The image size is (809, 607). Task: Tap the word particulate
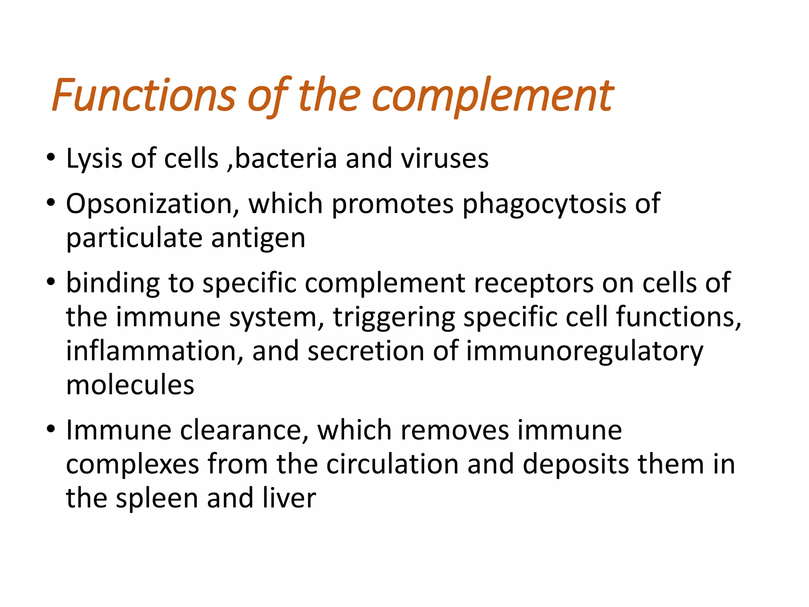click(134, 238)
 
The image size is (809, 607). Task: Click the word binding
click(113, 283)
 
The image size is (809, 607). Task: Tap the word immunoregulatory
click(585, 351)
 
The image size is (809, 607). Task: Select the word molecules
click(130, 385)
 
